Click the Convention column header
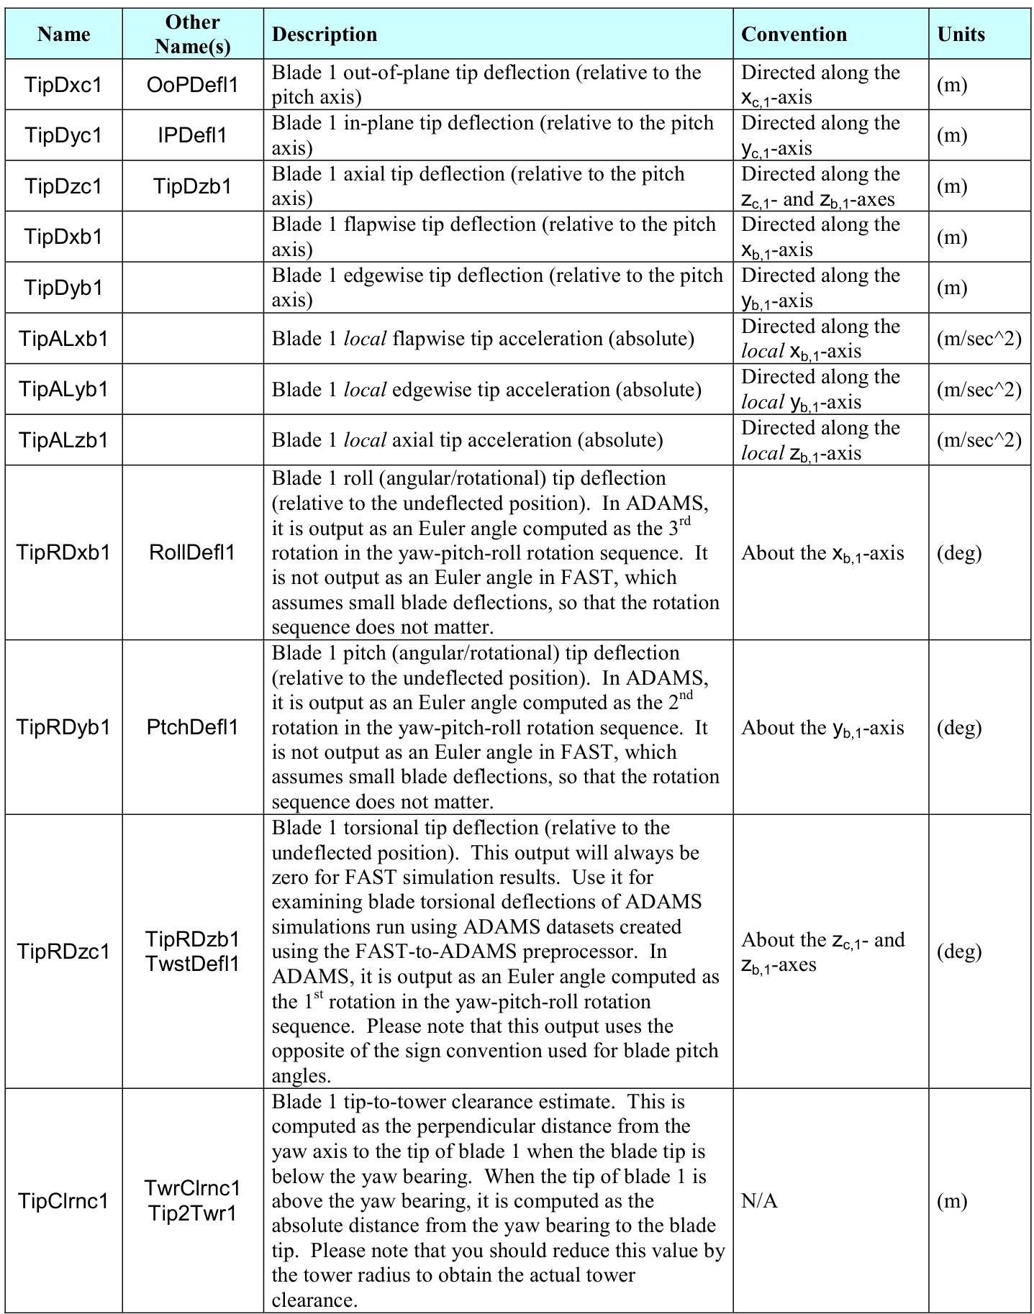tap(794, 35)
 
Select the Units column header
tap(961, 35)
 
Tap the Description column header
tap(325, 35)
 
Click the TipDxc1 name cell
tap(63, 85)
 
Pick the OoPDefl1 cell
tap(192, 85)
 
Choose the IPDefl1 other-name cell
tap(192, 135)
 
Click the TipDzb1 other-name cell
tap(192, 186)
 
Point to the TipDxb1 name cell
tap(63, 237)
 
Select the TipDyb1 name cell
tap(63, 288)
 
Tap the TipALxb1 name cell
tap(63, 339)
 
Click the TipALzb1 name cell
tap(63, 440)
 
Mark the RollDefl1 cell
tap(192, 552)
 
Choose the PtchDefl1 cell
tap(192, 727)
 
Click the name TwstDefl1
tap(192, 964)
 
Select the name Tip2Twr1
tap(192, 1213)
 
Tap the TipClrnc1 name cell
tap(63, 1201)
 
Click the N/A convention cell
tap(759, 1201)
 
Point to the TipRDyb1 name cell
tap(63, 727)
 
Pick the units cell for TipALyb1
tap(979, 389)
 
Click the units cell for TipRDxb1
tap(959, 552)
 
